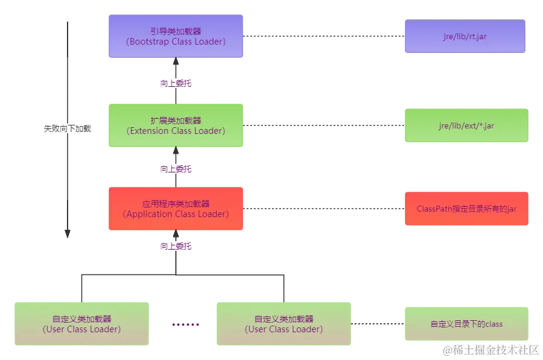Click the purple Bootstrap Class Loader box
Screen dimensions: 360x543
click(x=176, y=36)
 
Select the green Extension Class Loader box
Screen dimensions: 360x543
click(x=176, y=125)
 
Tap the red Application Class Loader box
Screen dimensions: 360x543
click(x=176, y=209)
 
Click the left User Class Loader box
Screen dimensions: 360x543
click(x=81, y=324)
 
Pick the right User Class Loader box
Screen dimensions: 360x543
click(x=283, y=324)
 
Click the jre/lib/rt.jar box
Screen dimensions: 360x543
click(x=464, y=37)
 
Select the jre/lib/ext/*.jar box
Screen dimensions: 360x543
click(x=466, y=125)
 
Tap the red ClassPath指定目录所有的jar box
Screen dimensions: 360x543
click(x=466, y=209)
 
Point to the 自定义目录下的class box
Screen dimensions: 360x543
click(x=466, y=324)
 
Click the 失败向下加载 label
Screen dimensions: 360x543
click(x=68, y=128)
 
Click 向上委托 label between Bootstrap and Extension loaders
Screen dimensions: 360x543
click(x=176, y=84)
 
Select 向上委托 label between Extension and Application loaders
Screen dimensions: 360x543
click(x=176, y=169)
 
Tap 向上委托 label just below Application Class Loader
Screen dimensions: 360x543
click(x=176, y=246)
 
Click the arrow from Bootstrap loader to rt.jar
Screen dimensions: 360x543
click(x=323, y=36)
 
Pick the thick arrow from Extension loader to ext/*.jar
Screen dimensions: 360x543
click(x=323, y=125)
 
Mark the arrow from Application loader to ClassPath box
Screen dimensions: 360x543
click(x=323, y=210)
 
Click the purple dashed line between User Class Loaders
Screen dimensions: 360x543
click(x=186, y=326)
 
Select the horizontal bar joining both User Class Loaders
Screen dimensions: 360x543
click(x=181, y=275)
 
